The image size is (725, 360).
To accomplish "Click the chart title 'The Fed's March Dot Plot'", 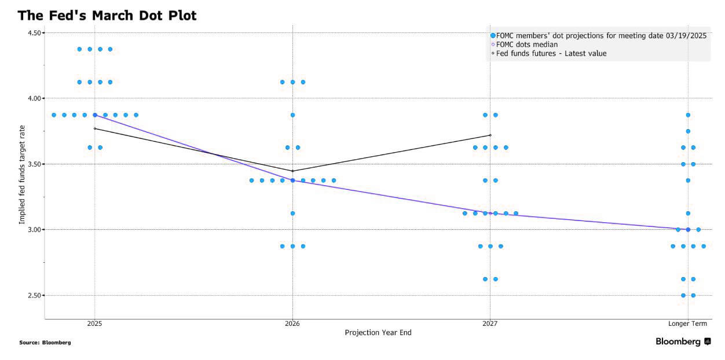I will (107, 16).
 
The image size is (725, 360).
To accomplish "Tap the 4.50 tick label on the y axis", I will (36, 33).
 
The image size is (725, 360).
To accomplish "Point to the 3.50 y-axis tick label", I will (36, 164).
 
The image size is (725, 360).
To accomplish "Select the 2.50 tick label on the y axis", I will (36, 296).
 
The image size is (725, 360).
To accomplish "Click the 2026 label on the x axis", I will (292, 324).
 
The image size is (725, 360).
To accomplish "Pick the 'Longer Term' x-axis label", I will (688, 324).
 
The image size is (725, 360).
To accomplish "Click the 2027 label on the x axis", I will (490, 324).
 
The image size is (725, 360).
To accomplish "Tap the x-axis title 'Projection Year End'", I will (378, 333).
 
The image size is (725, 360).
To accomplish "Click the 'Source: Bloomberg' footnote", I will (45, 343).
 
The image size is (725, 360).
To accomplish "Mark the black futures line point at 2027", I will (490, 135).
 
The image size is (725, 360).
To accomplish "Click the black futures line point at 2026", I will (292, 171).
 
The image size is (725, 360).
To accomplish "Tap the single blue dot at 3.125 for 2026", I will (292, 214).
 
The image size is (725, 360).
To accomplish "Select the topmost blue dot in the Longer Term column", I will (688, 115).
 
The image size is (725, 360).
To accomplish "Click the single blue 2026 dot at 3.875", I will (292, 115).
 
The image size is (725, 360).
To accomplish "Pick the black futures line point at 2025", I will (95, 128).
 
